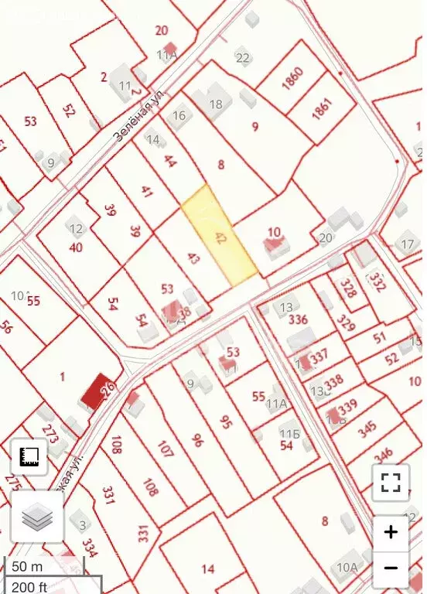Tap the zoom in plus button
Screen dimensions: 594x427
(x=391, y=532)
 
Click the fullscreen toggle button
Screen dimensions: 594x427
(x=391, y=483)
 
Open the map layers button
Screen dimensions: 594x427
(x=36, y=517)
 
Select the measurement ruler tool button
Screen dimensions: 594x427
(x=29, y=456)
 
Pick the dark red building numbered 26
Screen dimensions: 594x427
(x=96, y=391)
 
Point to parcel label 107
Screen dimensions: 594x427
(x=165, y=449)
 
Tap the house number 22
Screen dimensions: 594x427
(x=243, y=58)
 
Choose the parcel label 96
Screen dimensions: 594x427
(x=196, y=440)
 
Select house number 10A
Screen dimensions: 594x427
(x=347, y=568)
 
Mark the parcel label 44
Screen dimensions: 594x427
(x=170, y=162)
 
